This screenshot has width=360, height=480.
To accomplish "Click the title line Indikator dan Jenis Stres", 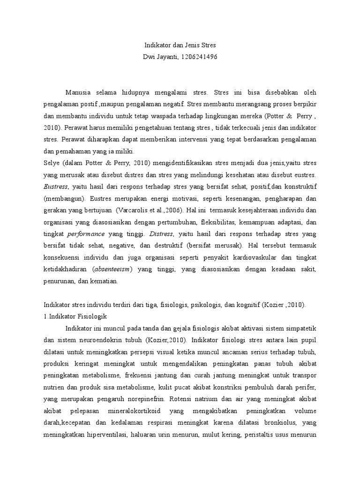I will [180, 45].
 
